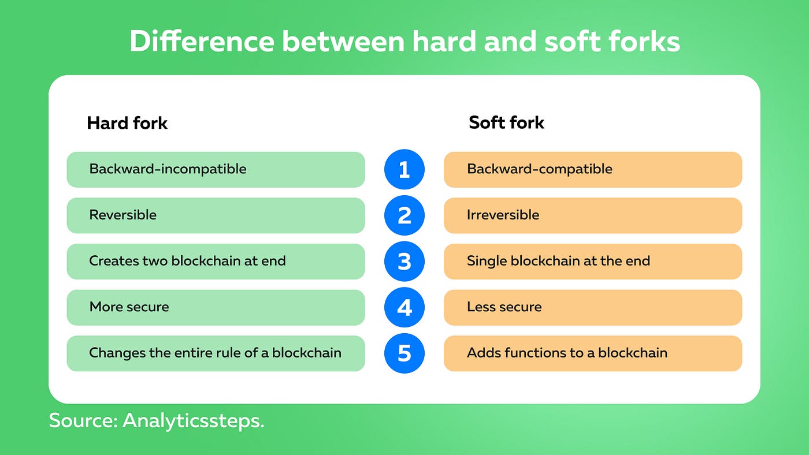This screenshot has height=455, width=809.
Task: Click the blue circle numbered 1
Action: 404,170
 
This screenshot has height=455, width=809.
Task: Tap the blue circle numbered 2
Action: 404,215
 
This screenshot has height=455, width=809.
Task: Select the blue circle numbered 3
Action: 404,261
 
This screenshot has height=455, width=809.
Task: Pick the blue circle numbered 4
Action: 404,307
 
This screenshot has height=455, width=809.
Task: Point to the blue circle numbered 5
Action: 404,353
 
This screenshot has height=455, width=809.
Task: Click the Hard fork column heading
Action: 127,123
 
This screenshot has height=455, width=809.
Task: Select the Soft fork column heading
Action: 506,122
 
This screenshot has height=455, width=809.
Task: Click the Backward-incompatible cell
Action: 216,170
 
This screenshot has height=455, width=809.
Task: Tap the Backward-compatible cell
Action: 592,170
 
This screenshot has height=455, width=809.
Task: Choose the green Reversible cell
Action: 216,215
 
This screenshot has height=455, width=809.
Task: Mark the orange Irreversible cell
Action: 592,215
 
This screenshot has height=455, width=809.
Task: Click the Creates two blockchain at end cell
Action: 216,261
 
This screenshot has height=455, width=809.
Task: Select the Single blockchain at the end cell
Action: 592,261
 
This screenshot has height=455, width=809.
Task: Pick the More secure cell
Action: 216,307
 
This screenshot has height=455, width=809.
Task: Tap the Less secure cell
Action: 592,307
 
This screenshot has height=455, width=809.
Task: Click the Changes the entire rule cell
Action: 216,353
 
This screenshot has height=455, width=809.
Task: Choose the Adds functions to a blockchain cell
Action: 592,353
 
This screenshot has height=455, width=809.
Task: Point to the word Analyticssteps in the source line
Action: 193,420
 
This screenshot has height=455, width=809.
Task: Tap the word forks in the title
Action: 642,42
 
